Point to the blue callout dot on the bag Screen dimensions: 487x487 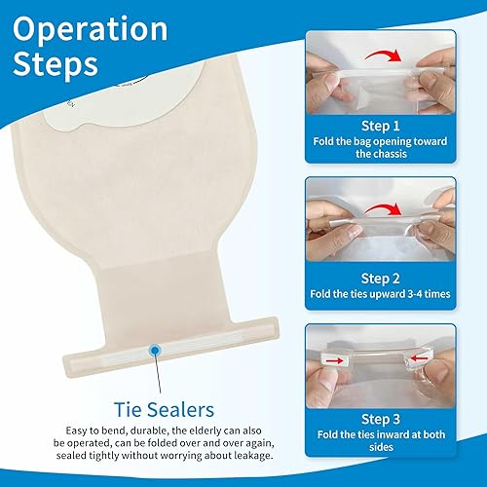[x=155, y=349]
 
